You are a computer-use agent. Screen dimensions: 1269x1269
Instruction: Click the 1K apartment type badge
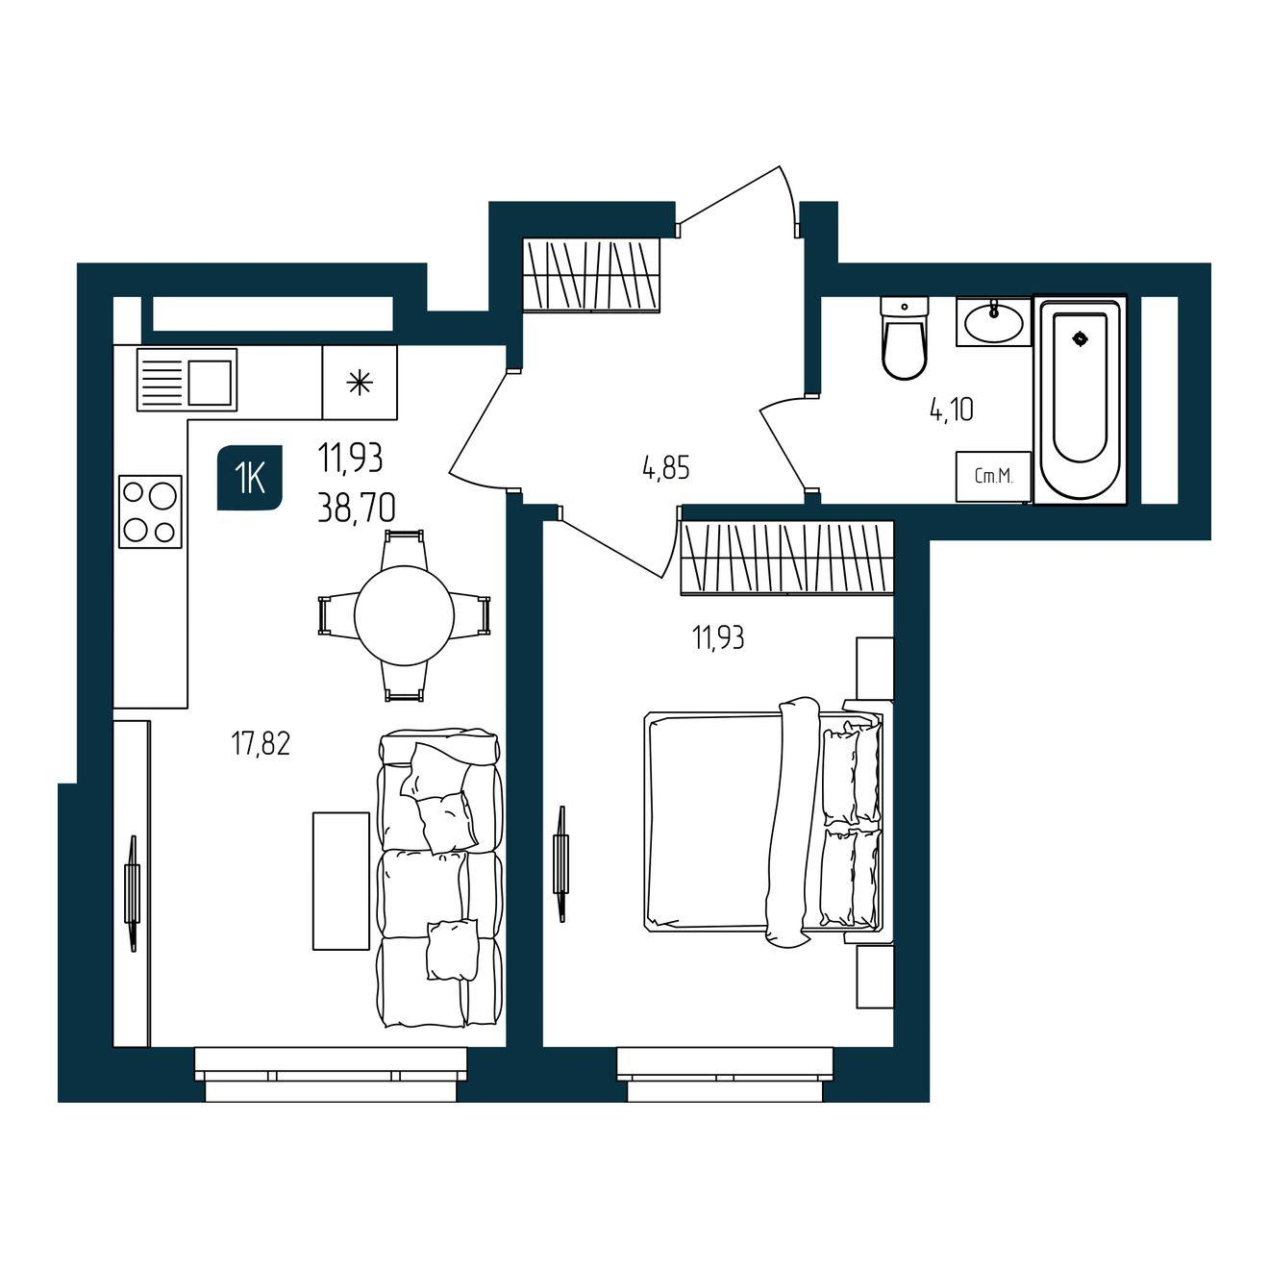click(250, 478)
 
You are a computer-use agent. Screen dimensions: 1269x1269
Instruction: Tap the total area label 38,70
click(357, 508)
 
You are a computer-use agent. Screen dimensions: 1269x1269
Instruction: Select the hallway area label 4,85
click(666, 468)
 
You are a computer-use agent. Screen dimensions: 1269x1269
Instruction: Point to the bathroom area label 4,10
click(951, 410)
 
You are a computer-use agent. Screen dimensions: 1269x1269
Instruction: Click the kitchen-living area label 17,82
click(261, 744)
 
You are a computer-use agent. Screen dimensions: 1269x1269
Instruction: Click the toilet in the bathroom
click(905, 337)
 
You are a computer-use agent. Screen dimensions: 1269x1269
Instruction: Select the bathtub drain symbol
click(1081, 338)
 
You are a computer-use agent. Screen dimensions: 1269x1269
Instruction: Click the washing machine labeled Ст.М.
click(993, 476)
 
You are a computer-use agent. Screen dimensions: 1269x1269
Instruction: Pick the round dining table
click(405, 615)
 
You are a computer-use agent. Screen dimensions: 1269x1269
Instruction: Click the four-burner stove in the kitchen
click(150, 511)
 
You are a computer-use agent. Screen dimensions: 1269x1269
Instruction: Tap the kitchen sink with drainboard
click(187, 380)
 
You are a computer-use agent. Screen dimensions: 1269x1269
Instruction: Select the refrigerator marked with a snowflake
click(360, 382)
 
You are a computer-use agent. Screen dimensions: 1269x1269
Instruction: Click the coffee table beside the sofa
click(341, 882)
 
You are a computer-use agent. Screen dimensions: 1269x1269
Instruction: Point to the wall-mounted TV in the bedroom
click(560, 863)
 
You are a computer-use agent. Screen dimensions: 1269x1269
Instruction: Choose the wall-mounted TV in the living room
click(133, 893)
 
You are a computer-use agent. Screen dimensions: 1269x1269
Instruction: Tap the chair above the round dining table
click(405, 549)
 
